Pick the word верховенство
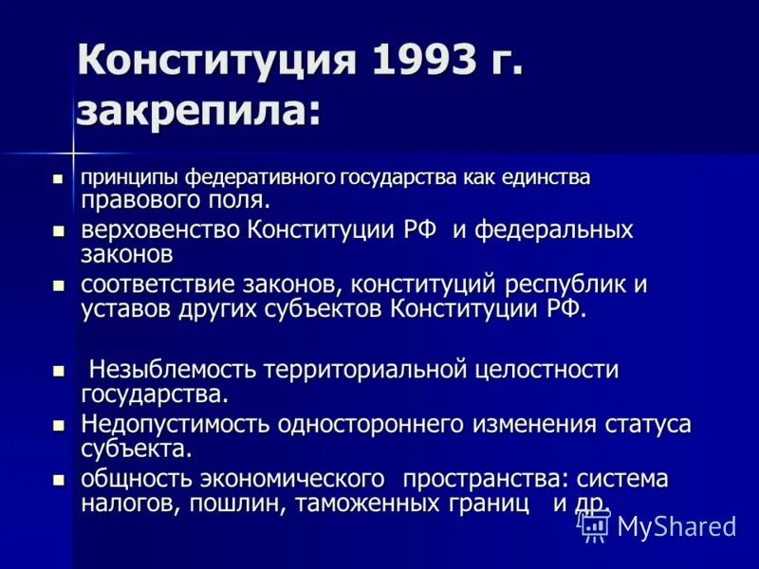tap(161, 230)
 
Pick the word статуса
tap(648, 424)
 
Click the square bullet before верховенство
tap(58, 231)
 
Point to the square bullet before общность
tap(58, 480)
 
